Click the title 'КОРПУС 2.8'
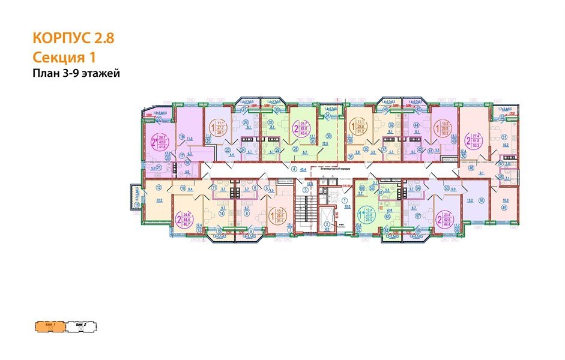point(73,39)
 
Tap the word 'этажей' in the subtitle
point(100,74)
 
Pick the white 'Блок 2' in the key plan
point(80,326)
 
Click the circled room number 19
point(181,137)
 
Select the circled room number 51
point(504,136)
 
